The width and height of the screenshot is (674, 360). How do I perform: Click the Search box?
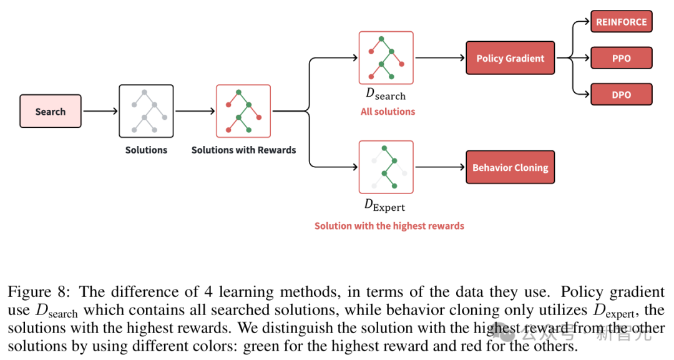(x=50, y=112)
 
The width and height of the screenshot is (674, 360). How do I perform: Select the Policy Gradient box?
(x=510, y=58)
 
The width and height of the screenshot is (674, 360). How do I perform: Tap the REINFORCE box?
(x=621, y=22)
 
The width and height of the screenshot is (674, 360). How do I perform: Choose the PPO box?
(x=621, y=58)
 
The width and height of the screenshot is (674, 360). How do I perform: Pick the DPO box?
(x=621, y=95)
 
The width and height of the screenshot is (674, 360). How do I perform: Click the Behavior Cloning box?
(x=510, y=167)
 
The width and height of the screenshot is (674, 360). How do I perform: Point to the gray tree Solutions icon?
(x=146, y=111)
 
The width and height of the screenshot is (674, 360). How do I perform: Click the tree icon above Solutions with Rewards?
(x=243, y=111)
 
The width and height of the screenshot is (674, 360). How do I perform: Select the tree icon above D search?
(x=386, y=58)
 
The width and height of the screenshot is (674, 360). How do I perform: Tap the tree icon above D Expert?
(x=386, y=167)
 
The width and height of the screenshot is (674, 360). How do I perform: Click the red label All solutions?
(x=388, y=112)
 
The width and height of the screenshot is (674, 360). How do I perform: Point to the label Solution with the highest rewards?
(x=389, y=226)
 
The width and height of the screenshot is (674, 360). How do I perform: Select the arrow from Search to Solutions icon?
(x=100, y=112)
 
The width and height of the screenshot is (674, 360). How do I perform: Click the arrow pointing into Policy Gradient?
(x=439, y=58)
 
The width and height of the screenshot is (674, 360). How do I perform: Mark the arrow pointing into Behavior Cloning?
(x=439, y=167)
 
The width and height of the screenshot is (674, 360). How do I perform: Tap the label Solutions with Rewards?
(x=243, y=150)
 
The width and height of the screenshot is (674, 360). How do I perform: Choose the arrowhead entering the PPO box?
(x=586, y=58)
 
